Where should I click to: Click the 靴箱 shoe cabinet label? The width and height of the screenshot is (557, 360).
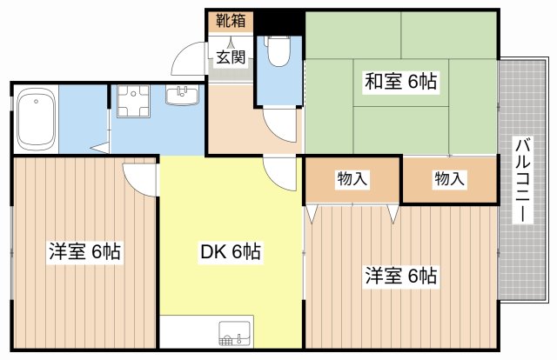coord(231,21)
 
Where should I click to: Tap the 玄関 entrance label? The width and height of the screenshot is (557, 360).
coord(231,57)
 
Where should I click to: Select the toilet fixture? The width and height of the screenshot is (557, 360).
coord(278,51)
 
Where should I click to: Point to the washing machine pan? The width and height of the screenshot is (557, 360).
coord(133,101)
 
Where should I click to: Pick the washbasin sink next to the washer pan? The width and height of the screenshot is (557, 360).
coord(182,95)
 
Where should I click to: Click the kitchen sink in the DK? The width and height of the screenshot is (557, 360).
coord(236,334)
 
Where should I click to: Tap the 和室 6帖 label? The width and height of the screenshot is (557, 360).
coord(400,81)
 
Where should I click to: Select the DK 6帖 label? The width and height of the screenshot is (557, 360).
coord(231,251)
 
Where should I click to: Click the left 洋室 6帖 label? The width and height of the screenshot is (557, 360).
coord(84,251)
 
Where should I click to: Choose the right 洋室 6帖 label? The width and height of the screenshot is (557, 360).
coord(400,276)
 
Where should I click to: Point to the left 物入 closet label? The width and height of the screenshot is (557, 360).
coord(352,178)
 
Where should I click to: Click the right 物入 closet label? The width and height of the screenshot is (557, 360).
coord(449,178)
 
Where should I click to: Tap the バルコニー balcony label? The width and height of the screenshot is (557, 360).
coord(522,180)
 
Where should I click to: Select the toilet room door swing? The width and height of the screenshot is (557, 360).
coord(280,124)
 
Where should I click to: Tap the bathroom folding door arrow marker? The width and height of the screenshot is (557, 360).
coord(101,148)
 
